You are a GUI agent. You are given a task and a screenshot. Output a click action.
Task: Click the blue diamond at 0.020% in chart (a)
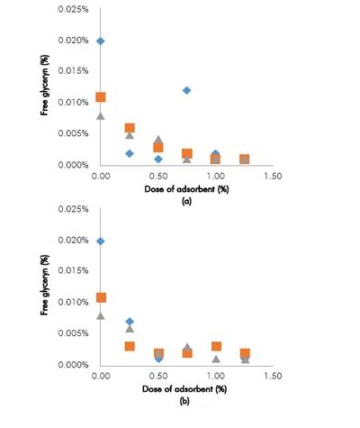[x=101, y=41]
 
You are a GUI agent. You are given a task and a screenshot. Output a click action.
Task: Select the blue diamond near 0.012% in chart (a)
[x=186, y=90]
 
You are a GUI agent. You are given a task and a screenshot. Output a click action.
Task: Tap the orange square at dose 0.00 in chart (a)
[x=101, y=97]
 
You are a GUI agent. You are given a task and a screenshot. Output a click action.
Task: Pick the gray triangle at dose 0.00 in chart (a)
[x=101, y=115]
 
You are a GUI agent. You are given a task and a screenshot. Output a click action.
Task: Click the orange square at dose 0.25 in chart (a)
[x=130, y=128]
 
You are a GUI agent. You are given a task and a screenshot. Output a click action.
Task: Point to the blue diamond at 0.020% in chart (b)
[x=101, y=241]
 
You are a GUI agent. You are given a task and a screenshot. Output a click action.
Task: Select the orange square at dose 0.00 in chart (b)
[x=101, y=297]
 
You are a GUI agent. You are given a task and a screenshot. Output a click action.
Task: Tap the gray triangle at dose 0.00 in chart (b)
[x=101, y=315]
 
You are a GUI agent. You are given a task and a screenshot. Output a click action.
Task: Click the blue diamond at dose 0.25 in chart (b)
[x=130, y=322]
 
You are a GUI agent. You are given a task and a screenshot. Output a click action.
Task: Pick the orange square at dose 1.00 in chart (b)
[x=216, y=346]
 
